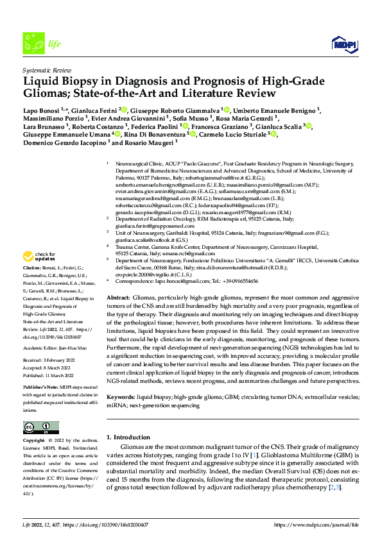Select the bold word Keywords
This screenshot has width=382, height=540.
click(121, 380)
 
